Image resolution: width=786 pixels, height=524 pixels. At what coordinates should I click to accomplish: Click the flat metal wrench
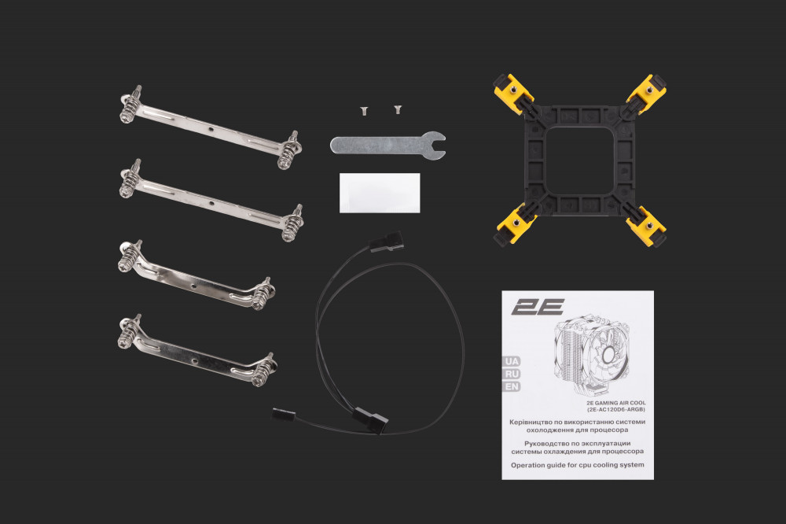tap(387, 146)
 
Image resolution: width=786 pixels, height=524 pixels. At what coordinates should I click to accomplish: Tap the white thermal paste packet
tap(380, 193)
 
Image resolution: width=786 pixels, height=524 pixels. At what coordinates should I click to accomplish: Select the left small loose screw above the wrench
tap(363, 110)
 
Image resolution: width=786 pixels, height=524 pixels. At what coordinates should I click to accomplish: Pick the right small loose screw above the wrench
tap(398, 109)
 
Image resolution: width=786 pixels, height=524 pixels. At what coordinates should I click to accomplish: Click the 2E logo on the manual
tap(538, 307)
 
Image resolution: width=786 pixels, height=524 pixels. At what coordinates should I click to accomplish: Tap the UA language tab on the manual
tap(512, 361)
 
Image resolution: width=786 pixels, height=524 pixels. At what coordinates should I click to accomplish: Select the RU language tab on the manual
tap(512, 374)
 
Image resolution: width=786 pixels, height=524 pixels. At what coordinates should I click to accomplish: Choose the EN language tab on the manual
tap(512, 386)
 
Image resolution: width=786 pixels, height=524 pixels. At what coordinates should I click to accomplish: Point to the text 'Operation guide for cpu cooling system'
tap(578, 465)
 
